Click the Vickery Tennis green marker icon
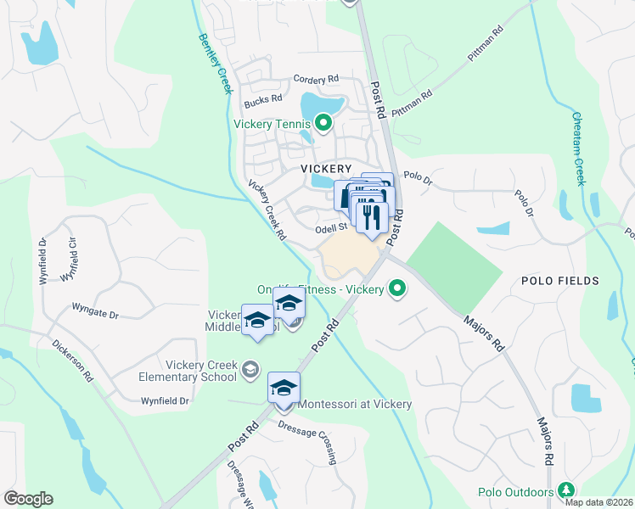tap(323, 124)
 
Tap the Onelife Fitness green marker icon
tap(396, 289)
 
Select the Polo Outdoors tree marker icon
tap(565, 490)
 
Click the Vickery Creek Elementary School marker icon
tap(250, 368)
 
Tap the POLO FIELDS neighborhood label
tap(560, 281)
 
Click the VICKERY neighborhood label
tap(326, 169)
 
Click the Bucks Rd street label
tap(263, 100)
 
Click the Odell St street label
tap(332, 227)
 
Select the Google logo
tap(28, 499)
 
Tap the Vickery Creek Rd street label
tap(267, 210)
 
